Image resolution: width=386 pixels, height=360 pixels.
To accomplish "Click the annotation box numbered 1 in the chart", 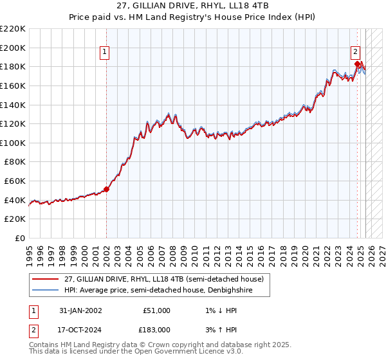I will point(104,53).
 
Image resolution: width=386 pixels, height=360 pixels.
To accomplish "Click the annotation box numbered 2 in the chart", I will point(354,53).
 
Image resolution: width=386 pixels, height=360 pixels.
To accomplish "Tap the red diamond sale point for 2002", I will point(107,189).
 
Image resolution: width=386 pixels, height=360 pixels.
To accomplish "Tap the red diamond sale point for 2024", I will point(357,64).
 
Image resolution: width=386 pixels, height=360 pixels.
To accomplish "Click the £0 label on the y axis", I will point(20,238).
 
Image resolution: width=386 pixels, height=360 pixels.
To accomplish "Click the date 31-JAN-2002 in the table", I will point(80,310).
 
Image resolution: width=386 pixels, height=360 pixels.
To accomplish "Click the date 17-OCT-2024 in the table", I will point(80,329).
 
